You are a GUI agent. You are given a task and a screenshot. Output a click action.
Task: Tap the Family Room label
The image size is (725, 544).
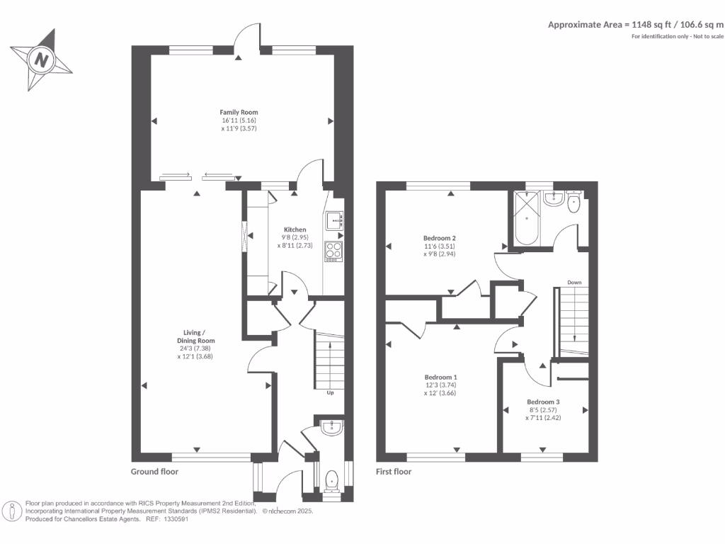pos(239,112)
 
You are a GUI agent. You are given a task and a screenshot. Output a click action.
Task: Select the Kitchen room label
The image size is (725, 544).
pos(295,229)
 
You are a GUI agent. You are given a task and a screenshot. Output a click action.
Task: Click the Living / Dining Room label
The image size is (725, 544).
pos(195,336)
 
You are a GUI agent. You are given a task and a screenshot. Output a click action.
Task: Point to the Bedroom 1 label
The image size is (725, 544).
pos(440,377)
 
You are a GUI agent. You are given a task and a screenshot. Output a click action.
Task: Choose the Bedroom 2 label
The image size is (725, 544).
pos(439,238)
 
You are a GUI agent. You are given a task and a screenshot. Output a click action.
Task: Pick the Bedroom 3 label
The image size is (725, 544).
pos(544,402)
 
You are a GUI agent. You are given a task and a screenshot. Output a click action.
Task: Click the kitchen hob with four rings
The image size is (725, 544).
pos(333,250)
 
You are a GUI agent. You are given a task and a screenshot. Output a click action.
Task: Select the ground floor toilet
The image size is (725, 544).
pos(331,482)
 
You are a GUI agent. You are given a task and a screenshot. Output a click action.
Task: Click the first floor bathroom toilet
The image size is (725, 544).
pos(573,203)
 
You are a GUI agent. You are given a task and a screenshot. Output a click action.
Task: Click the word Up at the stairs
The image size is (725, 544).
pos(330,392)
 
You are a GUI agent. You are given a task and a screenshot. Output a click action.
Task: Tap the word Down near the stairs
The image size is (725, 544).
pos(573,283)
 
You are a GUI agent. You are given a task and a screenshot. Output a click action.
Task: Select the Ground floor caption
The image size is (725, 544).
pos(154,472)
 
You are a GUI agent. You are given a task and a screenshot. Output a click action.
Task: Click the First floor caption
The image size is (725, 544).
pos(394,472)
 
